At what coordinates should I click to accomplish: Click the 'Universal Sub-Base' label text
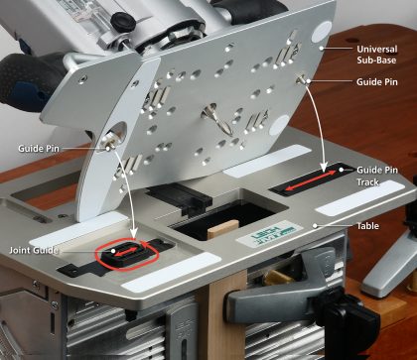click(376, 55)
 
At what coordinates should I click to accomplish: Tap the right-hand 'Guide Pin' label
click(376, 81)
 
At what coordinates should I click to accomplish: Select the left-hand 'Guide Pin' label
click(39, 149)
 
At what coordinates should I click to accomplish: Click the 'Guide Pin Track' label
click(377, 176)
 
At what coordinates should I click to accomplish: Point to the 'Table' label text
click(367, 226)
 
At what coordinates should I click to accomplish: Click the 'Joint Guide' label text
click(34, 250)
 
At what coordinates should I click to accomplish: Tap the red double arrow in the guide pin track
click(311, 180)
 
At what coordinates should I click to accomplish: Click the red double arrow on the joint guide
click(127, 252)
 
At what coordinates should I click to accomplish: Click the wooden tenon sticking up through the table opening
click(223, 229)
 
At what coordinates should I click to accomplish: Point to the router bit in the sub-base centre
click(217, 120)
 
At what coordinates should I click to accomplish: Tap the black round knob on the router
click(123, 22)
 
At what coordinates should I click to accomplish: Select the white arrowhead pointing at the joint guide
click(133, 233)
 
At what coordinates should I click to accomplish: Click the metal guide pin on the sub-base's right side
click(303, 79)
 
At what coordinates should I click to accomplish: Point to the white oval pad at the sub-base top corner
click(322, 32)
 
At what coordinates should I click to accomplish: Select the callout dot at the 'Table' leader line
click(315, 226)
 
